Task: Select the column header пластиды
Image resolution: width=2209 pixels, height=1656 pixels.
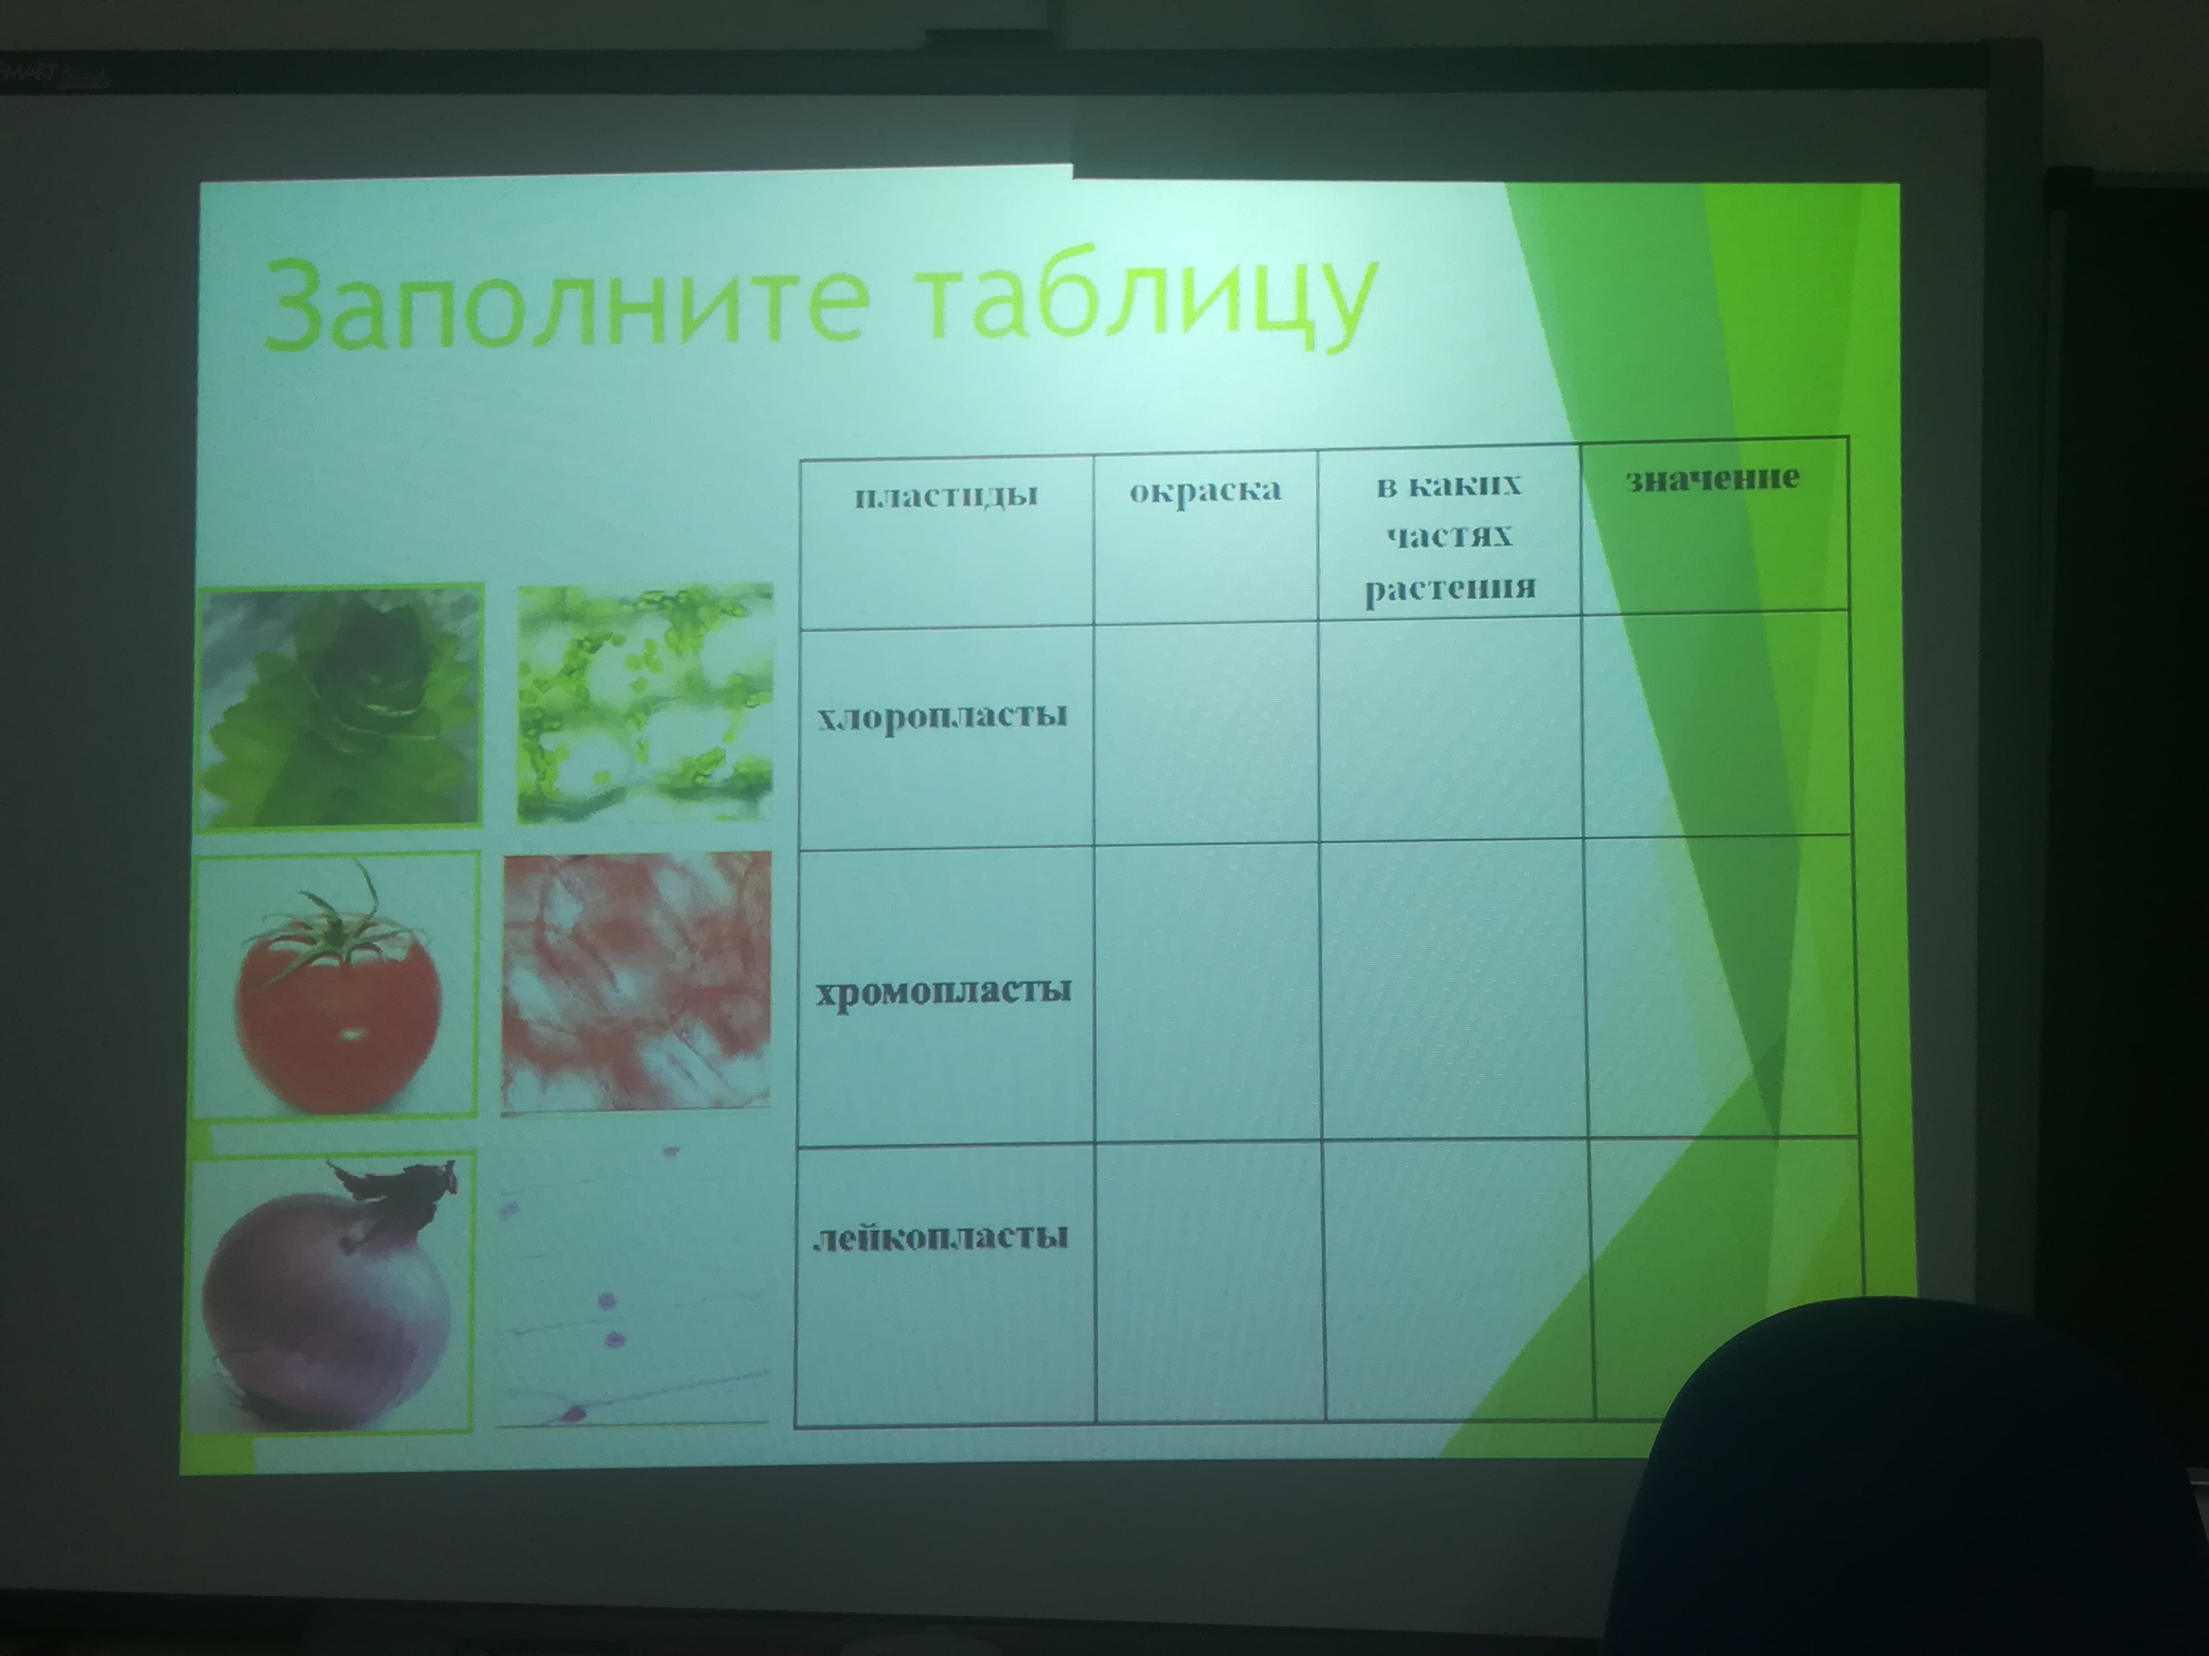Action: pos(946,495)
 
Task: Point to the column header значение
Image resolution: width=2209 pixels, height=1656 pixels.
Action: pos(1712,478)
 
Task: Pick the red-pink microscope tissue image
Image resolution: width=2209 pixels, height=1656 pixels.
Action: pos(637,981)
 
